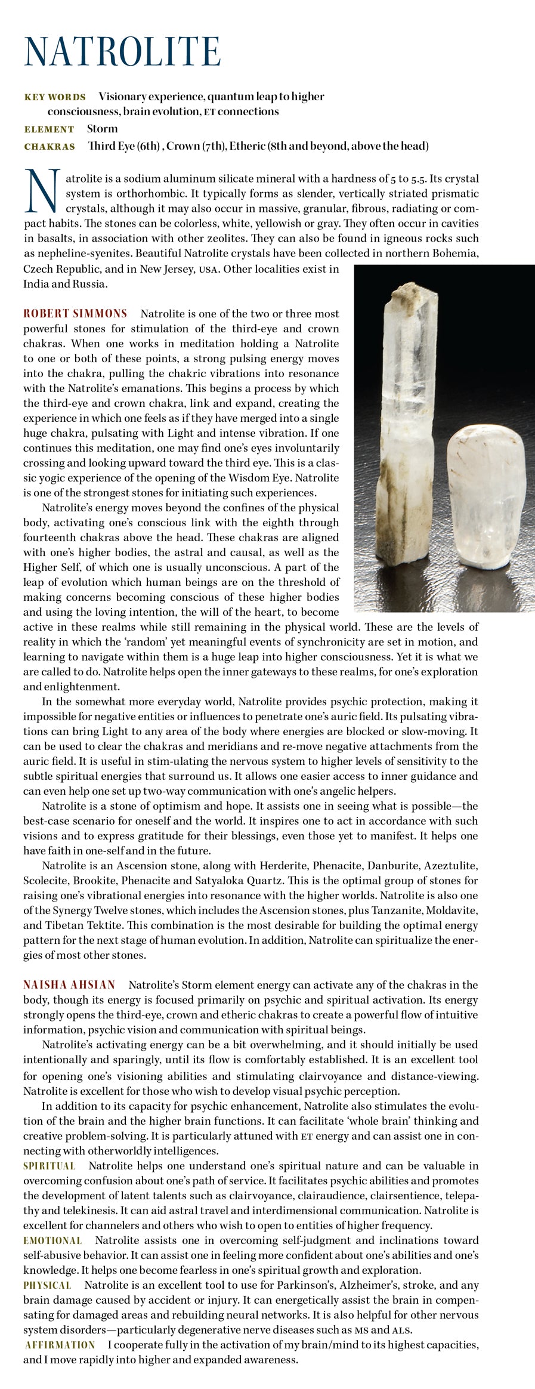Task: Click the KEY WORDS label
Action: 55,97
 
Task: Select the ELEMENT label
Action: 49,129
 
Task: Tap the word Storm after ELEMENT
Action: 102,129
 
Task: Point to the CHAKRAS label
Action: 50,147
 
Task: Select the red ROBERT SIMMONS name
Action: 75,314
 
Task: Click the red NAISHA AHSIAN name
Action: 69,984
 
